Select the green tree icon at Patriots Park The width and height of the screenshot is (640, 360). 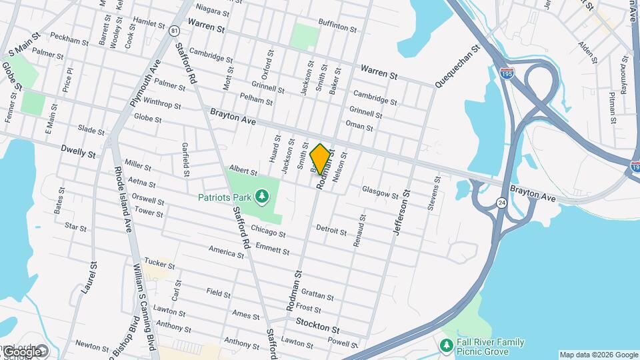pyautogui.click(x=263, y=196)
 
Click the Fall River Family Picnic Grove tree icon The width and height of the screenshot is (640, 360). pyautogui.click(x=447, y=345)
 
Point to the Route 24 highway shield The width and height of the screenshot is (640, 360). pyautogui.click(x=500, y=202)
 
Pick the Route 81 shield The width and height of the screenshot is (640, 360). pyautogui.click(x=174, y=31)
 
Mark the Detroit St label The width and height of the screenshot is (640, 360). pyautogui.click(x=331, y=230)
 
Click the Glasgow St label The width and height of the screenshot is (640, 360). pyautogui.click(x=380, y=193)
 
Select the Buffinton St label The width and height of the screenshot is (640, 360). pyautogui.click(x=337, y=27)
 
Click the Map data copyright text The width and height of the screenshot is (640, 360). pyautogui.click(x=598, y=355)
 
